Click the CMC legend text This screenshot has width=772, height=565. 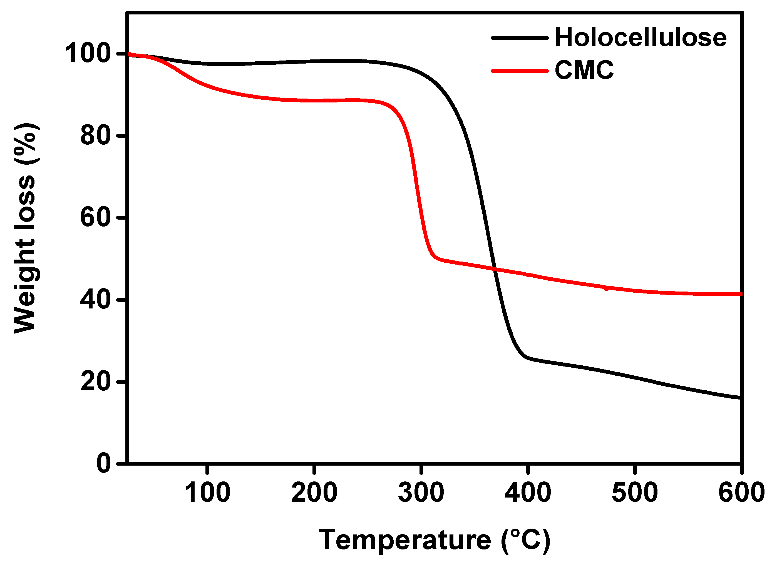[x=584, y=71]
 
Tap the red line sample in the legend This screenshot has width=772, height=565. [x=519, y=71]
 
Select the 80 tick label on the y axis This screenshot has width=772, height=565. [x=96, y=135]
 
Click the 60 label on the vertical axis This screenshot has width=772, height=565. [x=96, y=217]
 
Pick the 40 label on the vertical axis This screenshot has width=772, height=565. [x=96, y=300]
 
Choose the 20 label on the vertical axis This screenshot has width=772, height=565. [x=96, y=382]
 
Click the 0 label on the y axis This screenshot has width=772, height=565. [x=104, y=464]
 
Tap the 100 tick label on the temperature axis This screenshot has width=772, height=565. [x=207, y=493]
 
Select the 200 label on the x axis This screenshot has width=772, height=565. [x=314, y=493]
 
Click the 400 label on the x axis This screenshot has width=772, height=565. [x=528, y=493]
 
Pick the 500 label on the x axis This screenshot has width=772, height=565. [x=635, y=493]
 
